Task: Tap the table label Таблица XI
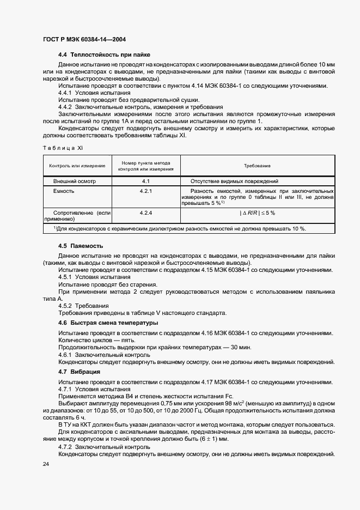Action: click(62, 148)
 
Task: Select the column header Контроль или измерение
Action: click(77, 166)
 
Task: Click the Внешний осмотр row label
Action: click(74, 181)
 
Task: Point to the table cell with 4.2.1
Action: click(145, 191)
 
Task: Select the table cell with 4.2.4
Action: click(145, 212)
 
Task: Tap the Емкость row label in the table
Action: click(64, 191)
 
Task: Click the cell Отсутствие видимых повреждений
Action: click(234, 181)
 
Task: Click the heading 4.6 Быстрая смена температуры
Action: click(108, 323)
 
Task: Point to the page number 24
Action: click(46, 464)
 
